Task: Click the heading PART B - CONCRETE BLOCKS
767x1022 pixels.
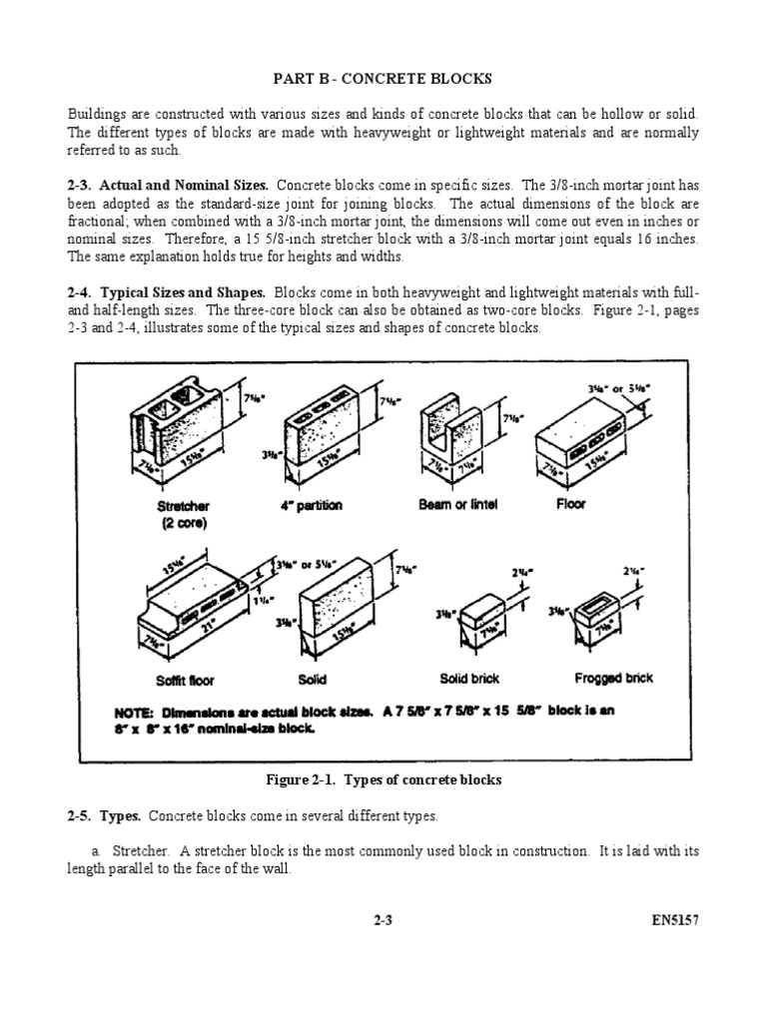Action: (383, 79)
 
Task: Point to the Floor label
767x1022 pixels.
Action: (571, 504)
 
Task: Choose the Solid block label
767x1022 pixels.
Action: (313, 680)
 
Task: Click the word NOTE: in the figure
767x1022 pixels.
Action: (136, 713)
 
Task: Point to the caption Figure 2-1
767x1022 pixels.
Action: (383, 779)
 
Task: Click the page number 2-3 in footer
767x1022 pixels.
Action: (383, 922)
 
